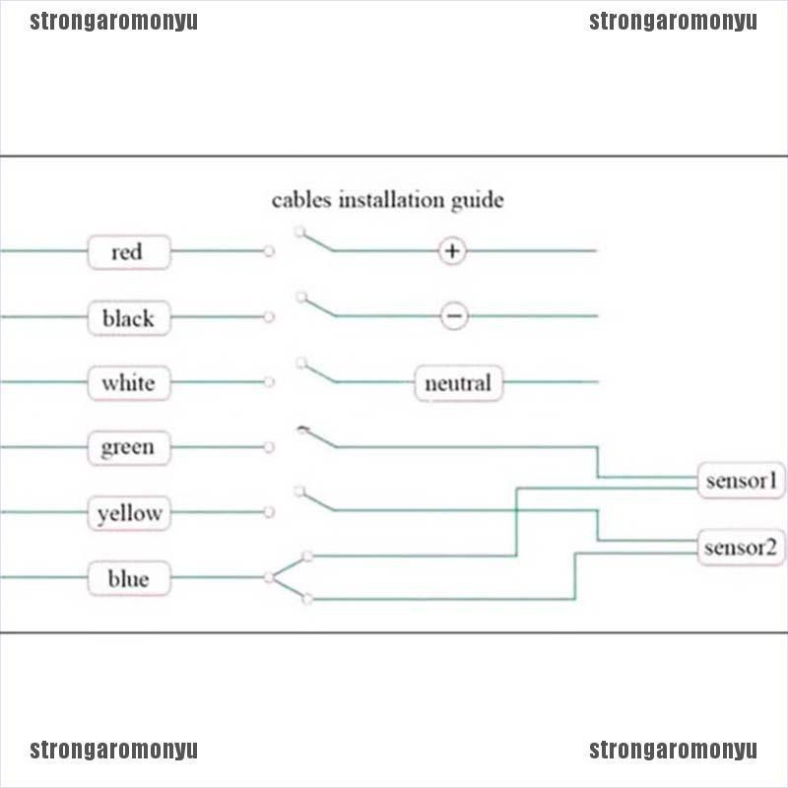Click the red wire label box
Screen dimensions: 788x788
(129, 252)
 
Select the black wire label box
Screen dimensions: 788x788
(129, 317)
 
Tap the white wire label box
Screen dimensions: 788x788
(129, 383)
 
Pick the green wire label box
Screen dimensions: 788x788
(129, 447)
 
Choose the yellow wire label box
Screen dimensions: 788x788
(129, 513)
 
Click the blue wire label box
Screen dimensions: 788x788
(129, 578)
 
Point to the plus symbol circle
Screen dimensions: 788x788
(452, 250)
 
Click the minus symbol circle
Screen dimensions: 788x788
(454, 316)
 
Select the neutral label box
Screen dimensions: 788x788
(458, 383)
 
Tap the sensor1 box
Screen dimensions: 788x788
(742, 481)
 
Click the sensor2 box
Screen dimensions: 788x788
(742, 548)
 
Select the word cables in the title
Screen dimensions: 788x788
(301, 200)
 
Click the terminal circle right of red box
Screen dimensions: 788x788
(269, 251)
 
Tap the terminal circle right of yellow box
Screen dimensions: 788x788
(269, 512)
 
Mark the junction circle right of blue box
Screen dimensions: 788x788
(269, 577)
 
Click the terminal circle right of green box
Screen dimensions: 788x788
(269, 447)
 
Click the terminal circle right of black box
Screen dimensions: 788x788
(269, 316)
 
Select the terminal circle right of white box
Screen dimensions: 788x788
(269, 382)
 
